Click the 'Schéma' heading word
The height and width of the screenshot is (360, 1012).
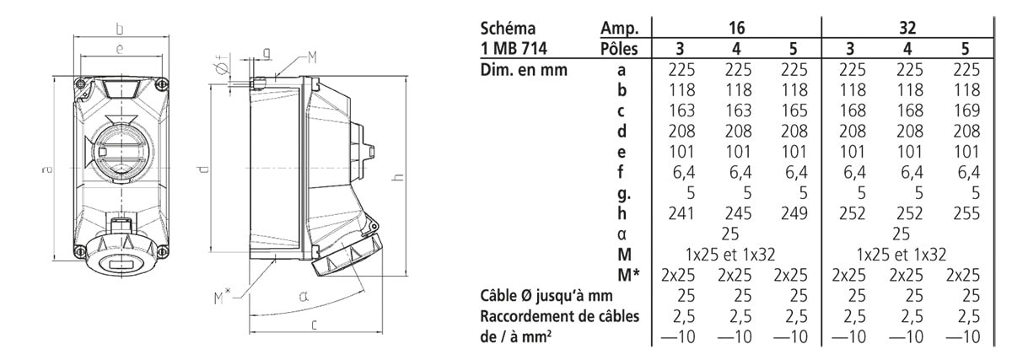tap(508, 29)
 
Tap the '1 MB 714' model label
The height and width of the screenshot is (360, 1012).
tap(514, 48)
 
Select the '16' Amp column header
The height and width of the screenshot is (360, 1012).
tap(736, 28)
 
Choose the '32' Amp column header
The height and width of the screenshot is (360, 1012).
tap(907, 28)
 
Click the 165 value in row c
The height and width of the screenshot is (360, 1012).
tap(794, 110)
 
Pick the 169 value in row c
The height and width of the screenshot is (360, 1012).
tap(966, 110)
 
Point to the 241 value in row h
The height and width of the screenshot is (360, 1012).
tap(681, 213)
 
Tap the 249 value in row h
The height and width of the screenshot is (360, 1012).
tap(794, 213)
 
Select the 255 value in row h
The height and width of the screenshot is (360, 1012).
tap(966, 213)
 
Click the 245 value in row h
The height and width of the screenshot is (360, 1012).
tap(738, 213)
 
